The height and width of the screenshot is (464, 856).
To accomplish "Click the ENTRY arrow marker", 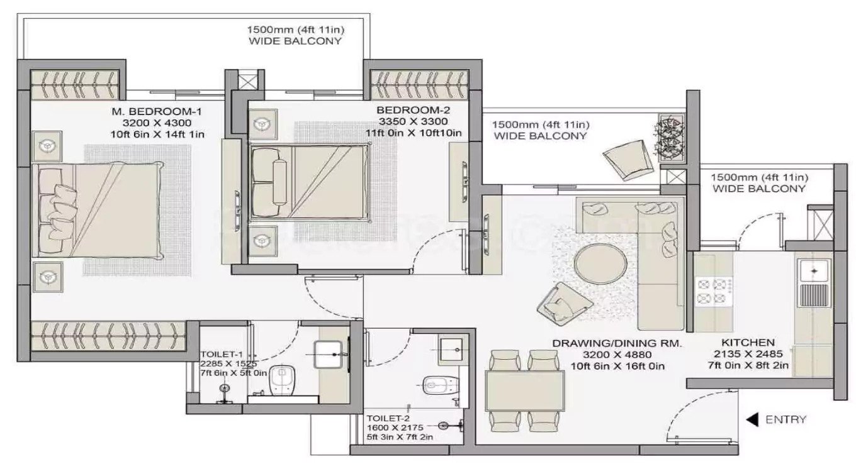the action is tap(752, 420).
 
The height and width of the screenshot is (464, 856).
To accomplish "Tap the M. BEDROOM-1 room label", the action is tap(157, 112).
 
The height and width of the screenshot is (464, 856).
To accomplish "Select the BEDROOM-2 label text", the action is tap(413, 110).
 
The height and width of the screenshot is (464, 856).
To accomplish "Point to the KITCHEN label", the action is tap(748, 343).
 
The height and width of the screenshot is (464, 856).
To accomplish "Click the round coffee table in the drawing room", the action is tap(600, 263).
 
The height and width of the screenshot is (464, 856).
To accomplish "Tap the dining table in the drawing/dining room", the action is tap(525, 390).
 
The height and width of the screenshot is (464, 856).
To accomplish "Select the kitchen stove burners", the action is tap(713, 291).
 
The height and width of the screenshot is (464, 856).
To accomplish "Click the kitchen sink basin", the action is tap(814, 272).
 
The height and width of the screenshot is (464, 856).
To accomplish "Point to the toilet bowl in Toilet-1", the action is tap(281, 380).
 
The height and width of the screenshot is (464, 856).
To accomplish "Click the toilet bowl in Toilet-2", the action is tap(440, 385).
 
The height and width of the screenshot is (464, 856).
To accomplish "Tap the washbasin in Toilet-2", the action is tap(453, 350).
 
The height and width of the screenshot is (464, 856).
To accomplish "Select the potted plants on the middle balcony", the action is tap(671, 138).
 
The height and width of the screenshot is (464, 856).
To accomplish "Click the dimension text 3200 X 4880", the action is tap(617, 355).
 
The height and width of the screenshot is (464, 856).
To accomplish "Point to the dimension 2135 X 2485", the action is tap(748, 354).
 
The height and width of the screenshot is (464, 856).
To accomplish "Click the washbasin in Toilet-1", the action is tap(329, 355).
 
